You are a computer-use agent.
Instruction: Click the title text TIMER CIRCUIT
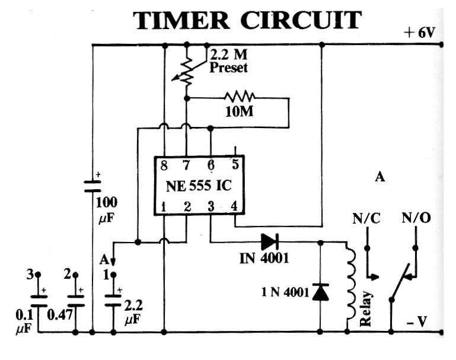247,20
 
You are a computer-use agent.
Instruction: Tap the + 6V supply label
420,33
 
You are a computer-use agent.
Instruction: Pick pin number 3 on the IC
211,207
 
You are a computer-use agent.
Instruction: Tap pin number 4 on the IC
235,207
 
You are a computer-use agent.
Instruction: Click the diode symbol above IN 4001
269,241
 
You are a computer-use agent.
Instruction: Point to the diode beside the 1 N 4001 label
321,292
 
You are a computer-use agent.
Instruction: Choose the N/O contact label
416,219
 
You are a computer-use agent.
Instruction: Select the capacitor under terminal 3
39,301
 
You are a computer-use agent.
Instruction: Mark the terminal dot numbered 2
75,275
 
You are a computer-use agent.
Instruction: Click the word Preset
228,68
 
